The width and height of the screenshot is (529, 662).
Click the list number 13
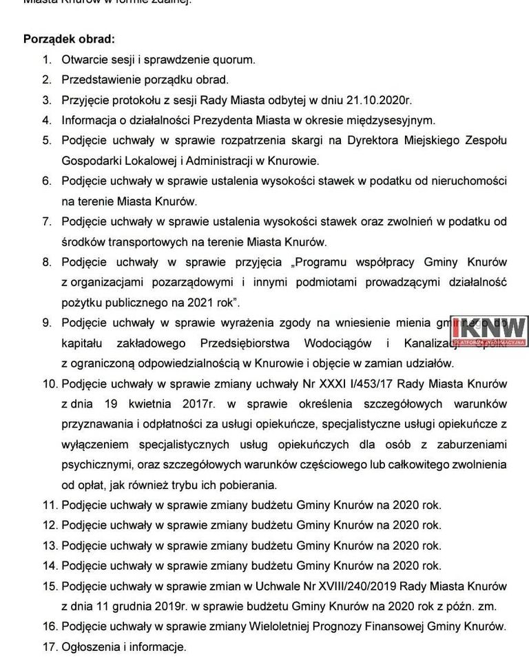(x=49, y=545)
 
